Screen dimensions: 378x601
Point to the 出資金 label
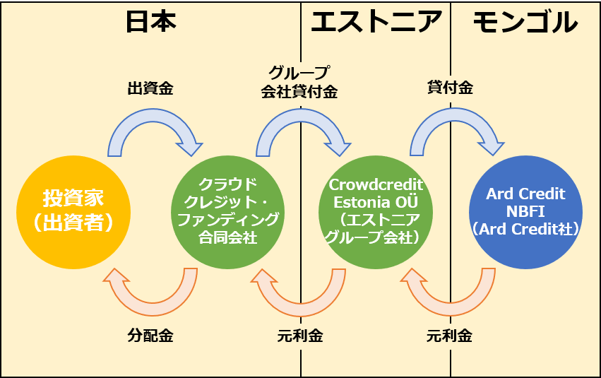point(150,89)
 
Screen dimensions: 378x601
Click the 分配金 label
point(150,336)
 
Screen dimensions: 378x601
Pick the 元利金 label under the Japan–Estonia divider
point(300,336)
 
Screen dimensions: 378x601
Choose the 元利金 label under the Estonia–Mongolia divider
point(450,336)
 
